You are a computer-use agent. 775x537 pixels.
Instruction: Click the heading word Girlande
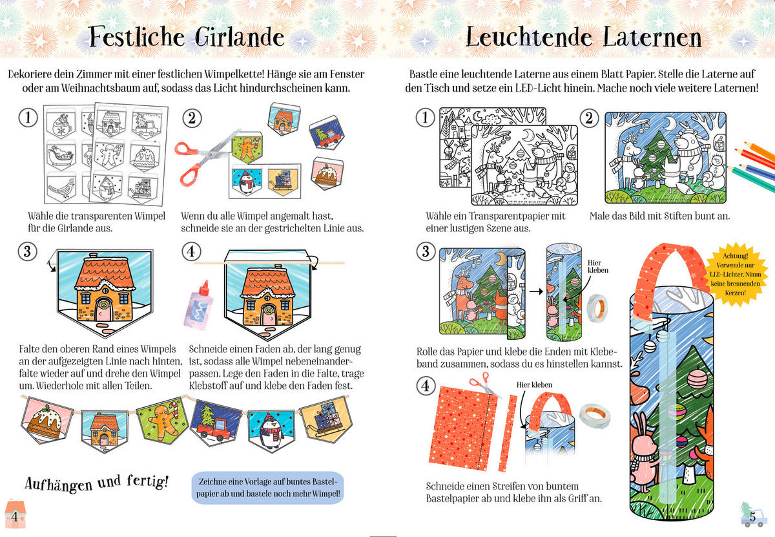[240, 37]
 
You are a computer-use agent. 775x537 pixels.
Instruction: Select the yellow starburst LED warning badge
[736, 274]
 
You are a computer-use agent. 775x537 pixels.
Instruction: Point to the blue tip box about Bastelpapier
[268, 487]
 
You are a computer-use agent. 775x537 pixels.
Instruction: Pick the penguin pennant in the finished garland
[271, 431]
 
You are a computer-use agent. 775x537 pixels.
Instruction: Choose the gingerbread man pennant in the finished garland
[163, 419]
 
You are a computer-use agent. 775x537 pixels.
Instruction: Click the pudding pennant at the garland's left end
[46, 420]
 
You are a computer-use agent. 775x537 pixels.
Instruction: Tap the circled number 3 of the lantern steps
[425, 251]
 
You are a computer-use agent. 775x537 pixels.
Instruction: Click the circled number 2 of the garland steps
[192, 118]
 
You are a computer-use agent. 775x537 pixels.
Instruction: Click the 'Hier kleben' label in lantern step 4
[534, 384]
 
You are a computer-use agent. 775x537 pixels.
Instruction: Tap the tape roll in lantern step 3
[598, 308]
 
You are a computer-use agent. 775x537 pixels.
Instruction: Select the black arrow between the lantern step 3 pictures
[536, 291]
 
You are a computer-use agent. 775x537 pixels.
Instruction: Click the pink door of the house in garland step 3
[104, 310]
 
